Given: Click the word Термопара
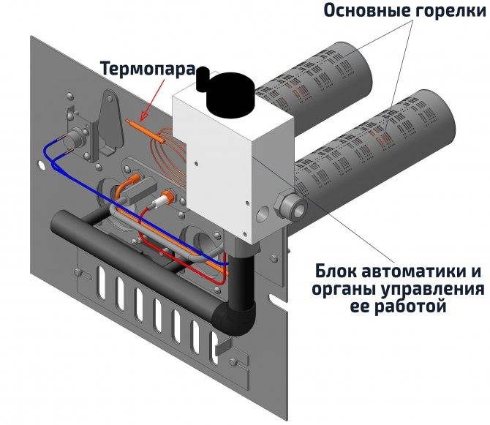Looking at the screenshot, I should pyautogui.click(x=147, y=70).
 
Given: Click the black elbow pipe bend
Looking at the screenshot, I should pyautogui.click(x=237, y=307).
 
